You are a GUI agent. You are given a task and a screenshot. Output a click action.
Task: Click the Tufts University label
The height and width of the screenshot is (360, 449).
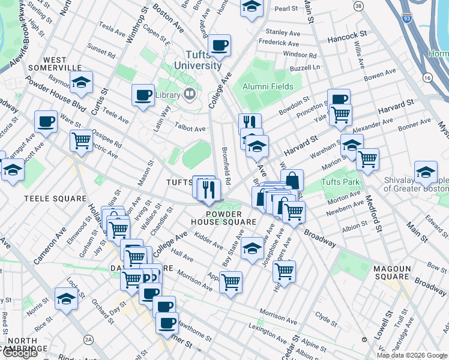[x=198, y=60]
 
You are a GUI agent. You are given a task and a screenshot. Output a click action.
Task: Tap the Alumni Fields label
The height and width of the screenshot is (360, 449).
[x=268, y=86]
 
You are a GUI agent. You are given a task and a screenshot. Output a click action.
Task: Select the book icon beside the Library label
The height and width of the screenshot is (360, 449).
[x=190, y=94]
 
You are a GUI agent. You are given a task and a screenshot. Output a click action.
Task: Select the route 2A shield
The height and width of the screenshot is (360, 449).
[x=89, y=340]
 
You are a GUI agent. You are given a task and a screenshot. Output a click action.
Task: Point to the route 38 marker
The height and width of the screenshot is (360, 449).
[x=358, y=6]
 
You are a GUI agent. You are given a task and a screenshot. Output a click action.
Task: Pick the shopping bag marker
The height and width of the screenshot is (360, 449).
[x=292, y=179]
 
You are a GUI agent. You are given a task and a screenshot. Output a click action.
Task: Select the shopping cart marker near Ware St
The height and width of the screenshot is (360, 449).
[x=81, y=141]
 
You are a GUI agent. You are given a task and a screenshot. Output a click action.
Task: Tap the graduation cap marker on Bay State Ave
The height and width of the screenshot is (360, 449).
[x=253, y=248]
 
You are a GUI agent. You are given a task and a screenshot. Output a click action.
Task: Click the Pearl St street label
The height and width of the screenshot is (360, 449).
[x=286, y=8]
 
